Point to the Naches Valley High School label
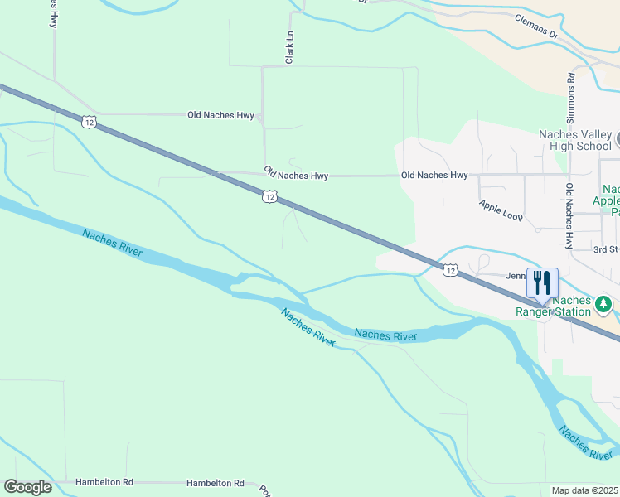pyautogui.click(x=574, y=141)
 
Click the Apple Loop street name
pyautogui.click(x=501, y=210)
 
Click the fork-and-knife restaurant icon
pyautogui.click(x=542, y=282)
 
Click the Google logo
pyautogui.click(x=27, y=487)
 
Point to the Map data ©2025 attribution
pyautogui.click(x=585, y=490)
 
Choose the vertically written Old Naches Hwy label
pyautogui.click(x=569, y=216)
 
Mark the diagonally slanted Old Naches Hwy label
pyautogui.click(x=296, y=174)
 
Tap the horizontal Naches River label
pyautogui.click(x=385, y=335)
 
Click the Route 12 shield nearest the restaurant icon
pyautogui.click(x=449, y=270)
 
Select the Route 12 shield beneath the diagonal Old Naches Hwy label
pyautogui.click(x=269, y=196)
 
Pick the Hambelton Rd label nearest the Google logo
pyautogui.click(x=104, y=482)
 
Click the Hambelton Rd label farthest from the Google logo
pyautogui.click(x=216, y=483)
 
